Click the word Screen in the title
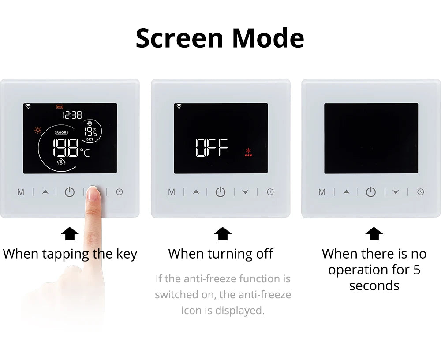coord(179,38)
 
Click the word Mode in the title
coord(268,38)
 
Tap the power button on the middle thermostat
coord(220,191)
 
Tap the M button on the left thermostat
coord(21,192)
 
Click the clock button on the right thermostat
coord(420,191)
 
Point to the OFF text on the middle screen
coord(212,147)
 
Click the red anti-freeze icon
coord(248,152)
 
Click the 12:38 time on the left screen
coord(72,115)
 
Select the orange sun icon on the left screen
coord(37,130)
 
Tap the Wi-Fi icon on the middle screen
coord(179,106)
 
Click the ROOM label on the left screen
coord(61,132)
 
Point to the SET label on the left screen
coord(90,139)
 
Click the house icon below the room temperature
coord(61,162)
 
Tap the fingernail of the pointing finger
coord(93,193)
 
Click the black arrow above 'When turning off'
coord(222,234)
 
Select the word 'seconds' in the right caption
coord(374,285)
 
